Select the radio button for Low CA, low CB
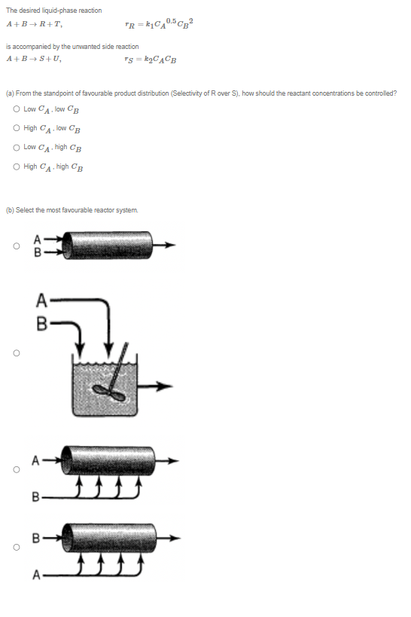click(x=16, y=109)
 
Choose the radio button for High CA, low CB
click(x=16, y=128)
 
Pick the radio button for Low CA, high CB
click(x=16, y=147)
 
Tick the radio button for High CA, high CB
click(x=16, y=166)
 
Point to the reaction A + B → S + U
click(x=33, y=59)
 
